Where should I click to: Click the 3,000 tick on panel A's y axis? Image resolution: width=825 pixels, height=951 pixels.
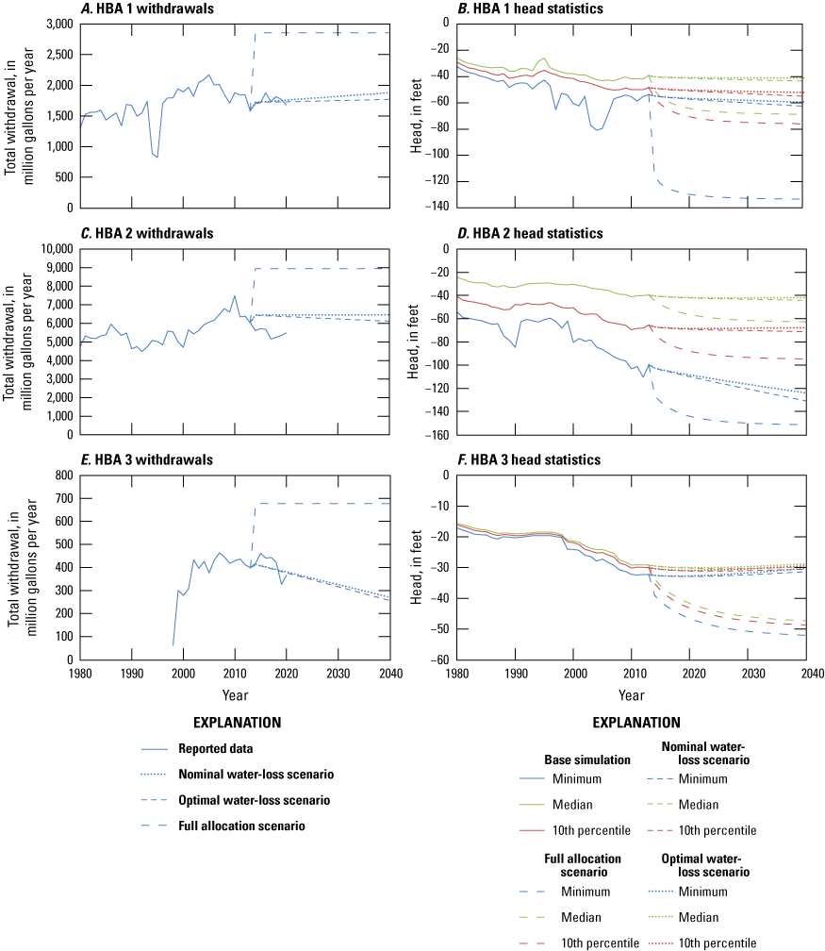point(59,24)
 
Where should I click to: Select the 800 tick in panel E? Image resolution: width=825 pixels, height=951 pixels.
point(64,475)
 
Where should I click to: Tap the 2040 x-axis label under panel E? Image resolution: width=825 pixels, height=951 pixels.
point(389,674)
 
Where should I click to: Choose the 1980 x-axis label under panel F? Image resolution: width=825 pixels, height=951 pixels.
point(457,674)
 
